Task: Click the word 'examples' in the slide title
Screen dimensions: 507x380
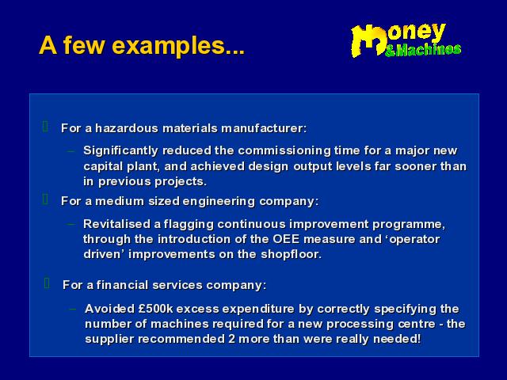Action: (x=168, y=46)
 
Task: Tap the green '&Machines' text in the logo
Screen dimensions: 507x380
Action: (x=423, y=50)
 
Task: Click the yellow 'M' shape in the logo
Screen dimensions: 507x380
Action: (x=368, y=40)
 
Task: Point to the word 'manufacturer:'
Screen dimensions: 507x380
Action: (x=264, y=128)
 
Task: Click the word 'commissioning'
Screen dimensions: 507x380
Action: (x=284, y=151)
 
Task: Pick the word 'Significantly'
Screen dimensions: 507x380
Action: (x=121, y=151)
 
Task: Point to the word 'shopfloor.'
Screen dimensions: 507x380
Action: (x=292, y=254)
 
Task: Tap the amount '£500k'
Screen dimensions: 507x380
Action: (x=156, y=309)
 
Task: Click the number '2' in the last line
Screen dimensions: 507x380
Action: (x=231, y=340)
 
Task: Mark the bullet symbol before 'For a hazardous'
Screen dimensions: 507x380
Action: (x=45, y=127)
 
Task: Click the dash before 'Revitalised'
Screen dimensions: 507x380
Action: (x=71, y=223)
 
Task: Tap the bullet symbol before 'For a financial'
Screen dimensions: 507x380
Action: (x=47, y=283)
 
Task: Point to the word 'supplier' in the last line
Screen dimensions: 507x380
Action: (x=109, y=340)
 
